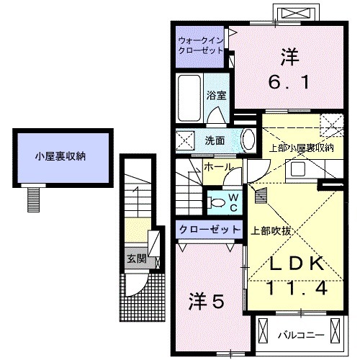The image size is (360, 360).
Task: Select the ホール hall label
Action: coord(217,167)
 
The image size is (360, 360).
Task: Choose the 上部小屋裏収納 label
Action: coord(301,148)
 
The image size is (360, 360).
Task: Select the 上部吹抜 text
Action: coord(271,231)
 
